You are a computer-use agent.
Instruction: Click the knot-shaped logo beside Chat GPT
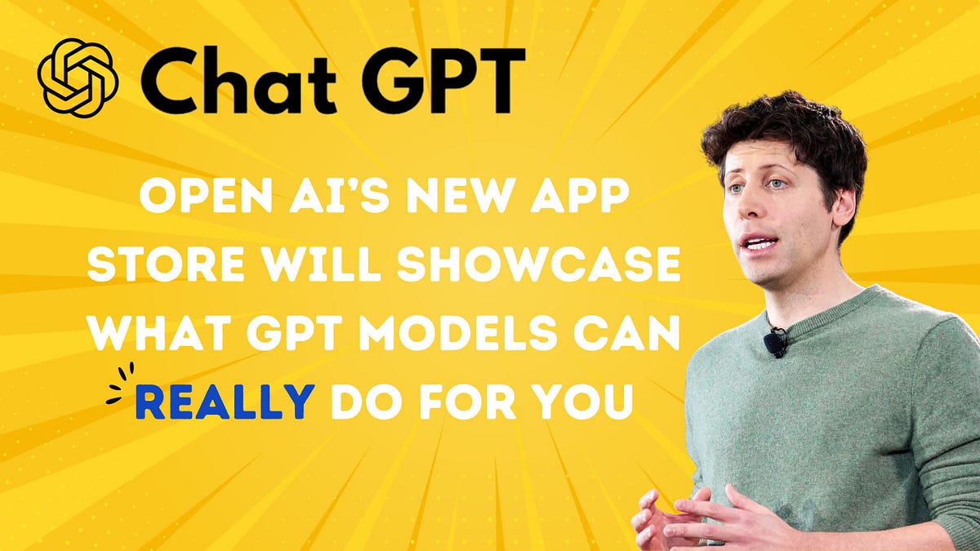tap(78, 78)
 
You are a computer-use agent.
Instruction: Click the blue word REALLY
tap(225, 402)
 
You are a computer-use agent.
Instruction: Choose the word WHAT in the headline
tap(153, 335)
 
